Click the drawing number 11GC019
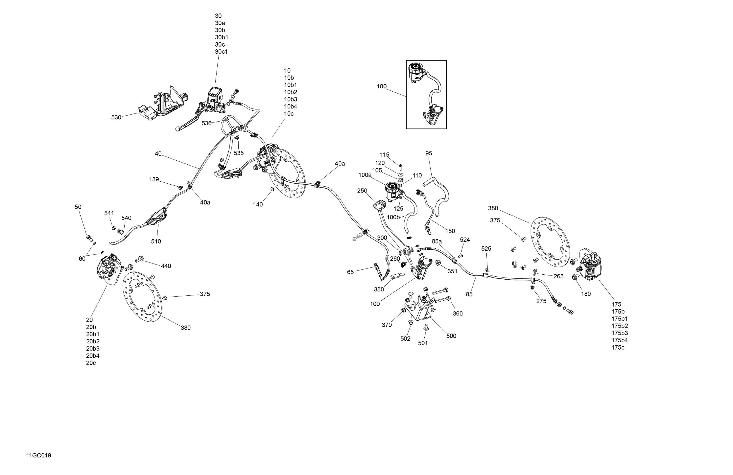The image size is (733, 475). [x=39, y=456]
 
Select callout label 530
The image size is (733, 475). [x=116, y=117]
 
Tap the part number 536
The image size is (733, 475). [x=206, y=123]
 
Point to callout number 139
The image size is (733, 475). [x=154, y=179]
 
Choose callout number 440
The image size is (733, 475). [x=166, y=266]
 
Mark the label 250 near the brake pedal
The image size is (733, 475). [x=362, y=191]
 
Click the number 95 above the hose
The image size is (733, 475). [x=429, y=153]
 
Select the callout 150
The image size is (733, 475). [x=450, y=231]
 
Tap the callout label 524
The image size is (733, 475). [x=465, y=240]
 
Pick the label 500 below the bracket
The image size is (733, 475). [x=451, y=336]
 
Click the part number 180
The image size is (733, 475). [x=586, y=294]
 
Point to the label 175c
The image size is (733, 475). [x=618, y=348]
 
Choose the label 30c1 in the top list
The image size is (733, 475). [x=221, y=52]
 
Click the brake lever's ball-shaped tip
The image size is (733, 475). [x=178, y=129]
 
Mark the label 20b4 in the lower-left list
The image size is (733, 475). [x=93, y=356]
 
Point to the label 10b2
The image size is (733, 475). [x=290, y=92]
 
